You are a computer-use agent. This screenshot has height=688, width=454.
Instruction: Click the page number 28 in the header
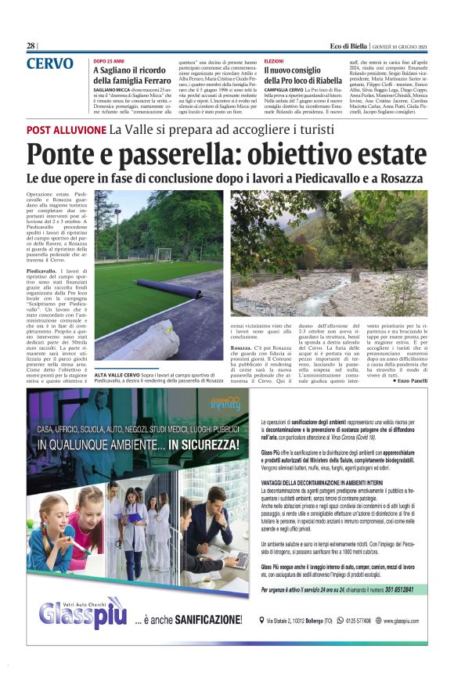(31, 46)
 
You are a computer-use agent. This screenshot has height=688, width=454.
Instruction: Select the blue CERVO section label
(50, 64)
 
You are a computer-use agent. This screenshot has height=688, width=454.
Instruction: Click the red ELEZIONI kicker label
(274, 60)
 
